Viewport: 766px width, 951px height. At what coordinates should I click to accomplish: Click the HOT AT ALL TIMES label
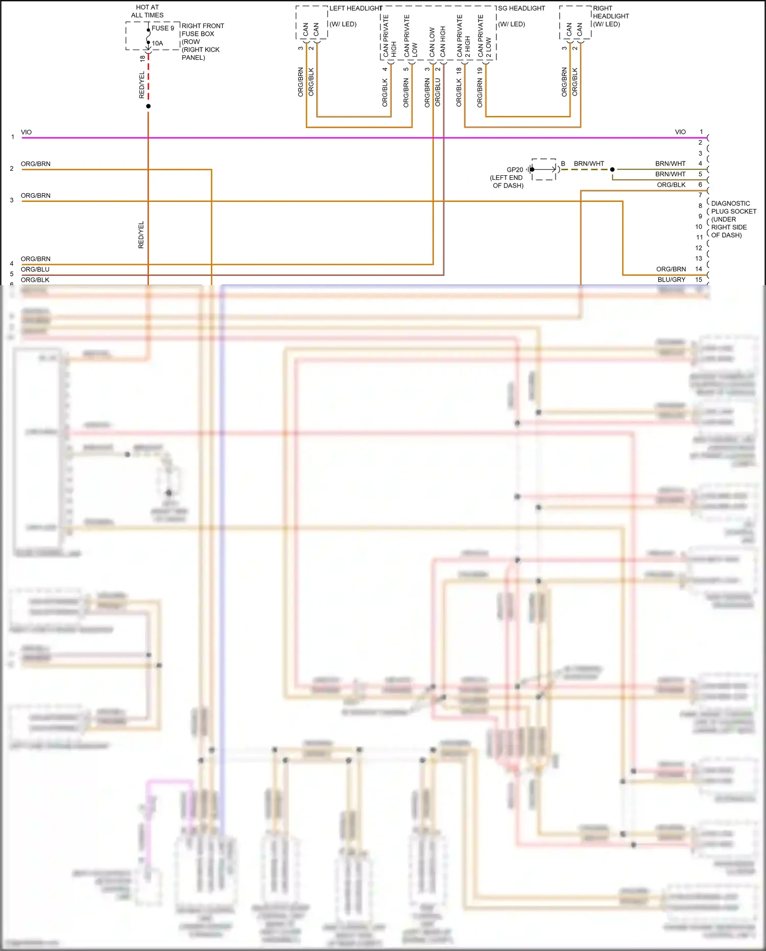(147, 11)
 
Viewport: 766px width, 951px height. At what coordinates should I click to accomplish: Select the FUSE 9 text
(163, 28)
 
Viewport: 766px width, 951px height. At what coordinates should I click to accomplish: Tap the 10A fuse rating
(158, 43)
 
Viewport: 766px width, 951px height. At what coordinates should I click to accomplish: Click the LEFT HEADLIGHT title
(355, 8)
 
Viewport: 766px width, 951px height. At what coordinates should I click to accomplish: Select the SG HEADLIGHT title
(521, 8)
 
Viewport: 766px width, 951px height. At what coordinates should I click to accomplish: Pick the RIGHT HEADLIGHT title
(611, 16)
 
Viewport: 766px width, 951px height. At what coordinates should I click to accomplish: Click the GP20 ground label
(515, 170)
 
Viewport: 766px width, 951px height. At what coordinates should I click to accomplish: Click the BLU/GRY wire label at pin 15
(671, 280)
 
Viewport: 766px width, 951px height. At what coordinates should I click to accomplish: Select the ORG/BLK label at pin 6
(671, 184)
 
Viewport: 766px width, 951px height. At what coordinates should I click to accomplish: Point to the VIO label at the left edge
(26, 132)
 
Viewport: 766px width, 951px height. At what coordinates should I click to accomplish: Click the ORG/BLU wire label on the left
(35, 269)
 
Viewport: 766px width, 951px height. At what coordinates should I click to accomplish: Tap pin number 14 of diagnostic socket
(699, 269)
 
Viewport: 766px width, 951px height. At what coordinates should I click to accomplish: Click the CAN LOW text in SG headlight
(432, 42)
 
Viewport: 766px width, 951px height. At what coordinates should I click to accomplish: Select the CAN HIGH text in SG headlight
(443, 41)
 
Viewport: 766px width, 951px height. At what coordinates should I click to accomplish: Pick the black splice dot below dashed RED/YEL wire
(148, 106)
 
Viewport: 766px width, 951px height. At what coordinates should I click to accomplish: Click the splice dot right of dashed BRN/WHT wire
(612, 169)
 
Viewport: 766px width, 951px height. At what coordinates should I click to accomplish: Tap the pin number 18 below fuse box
(142, 59)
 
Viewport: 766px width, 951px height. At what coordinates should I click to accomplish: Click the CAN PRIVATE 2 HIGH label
(463, 36)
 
